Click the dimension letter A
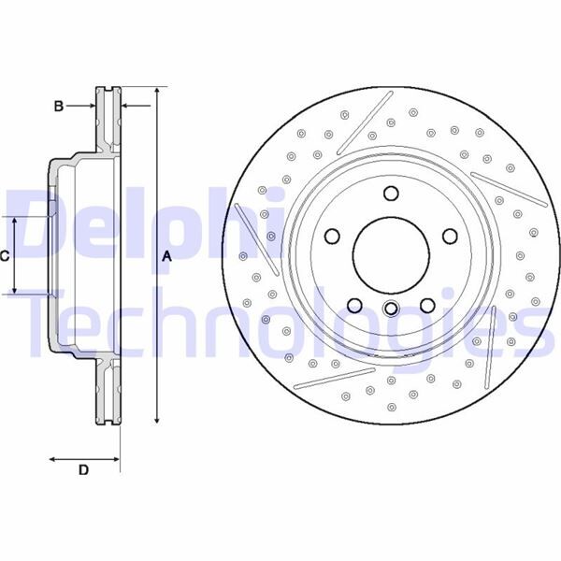(x=167, y=256)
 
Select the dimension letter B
(x=58, y=107)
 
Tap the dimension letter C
(x=5, y=255)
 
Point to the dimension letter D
(x=83, y=470)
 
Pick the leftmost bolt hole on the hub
(x=333, y=237)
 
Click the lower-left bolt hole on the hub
(x=354, y=305)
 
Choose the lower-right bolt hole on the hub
(x=427, y=305)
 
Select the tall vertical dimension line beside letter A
(x=156, y=256)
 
